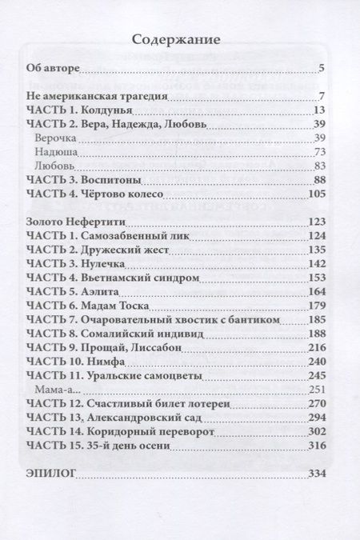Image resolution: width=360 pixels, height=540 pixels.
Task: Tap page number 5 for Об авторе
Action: [x=320, y=69]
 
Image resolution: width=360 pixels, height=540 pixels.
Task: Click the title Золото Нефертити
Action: [x=83, y=222]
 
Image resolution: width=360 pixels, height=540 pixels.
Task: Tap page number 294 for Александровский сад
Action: [x=314, y=418]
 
